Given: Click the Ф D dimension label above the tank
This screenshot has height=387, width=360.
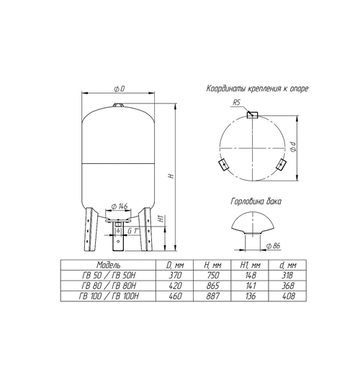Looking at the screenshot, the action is click(120, 88).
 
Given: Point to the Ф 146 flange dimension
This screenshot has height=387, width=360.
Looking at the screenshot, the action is click(120, 206).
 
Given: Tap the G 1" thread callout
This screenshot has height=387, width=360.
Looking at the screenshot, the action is click(133, 231).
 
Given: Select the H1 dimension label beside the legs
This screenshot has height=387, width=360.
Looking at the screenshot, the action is click(161, 219).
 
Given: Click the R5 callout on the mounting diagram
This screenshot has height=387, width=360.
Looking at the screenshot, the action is click(236, 102).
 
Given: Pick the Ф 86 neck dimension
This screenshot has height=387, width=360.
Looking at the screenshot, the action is click(274, 246).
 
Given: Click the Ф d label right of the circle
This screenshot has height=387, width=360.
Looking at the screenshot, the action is click(293, 147).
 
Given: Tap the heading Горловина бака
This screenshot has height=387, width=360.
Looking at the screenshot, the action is click(256, 201).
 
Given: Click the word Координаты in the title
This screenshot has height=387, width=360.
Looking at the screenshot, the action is click(226, 88).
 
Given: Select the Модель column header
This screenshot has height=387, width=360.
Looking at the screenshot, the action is click(109, 265).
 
